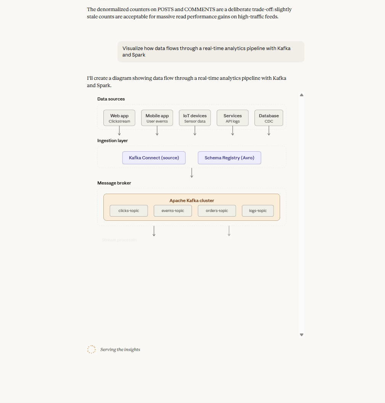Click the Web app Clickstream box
coord(119,118)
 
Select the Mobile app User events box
coord(157,118)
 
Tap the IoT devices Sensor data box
coord(195,118)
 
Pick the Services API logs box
coord(232,118)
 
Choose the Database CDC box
coord(269,118)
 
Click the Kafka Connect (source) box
coord(154,158)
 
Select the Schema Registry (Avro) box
coord(229,158)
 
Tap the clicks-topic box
coord(129,211)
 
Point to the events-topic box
coord(172,211)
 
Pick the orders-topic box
coord(217,211)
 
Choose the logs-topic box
coord(258,211)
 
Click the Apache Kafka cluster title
coord(192,201)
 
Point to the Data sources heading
coord(111,99)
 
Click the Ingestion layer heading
coord(113,141)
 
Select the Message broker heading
coord(114,183)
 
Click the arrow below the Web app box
coord(119,131)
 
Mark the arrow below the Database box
coord(269,131)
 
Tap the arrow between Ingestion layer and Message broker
coord(192,173)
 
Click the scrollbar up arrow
coord(301,95)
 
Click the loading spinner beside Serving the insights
coord(92,350)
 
